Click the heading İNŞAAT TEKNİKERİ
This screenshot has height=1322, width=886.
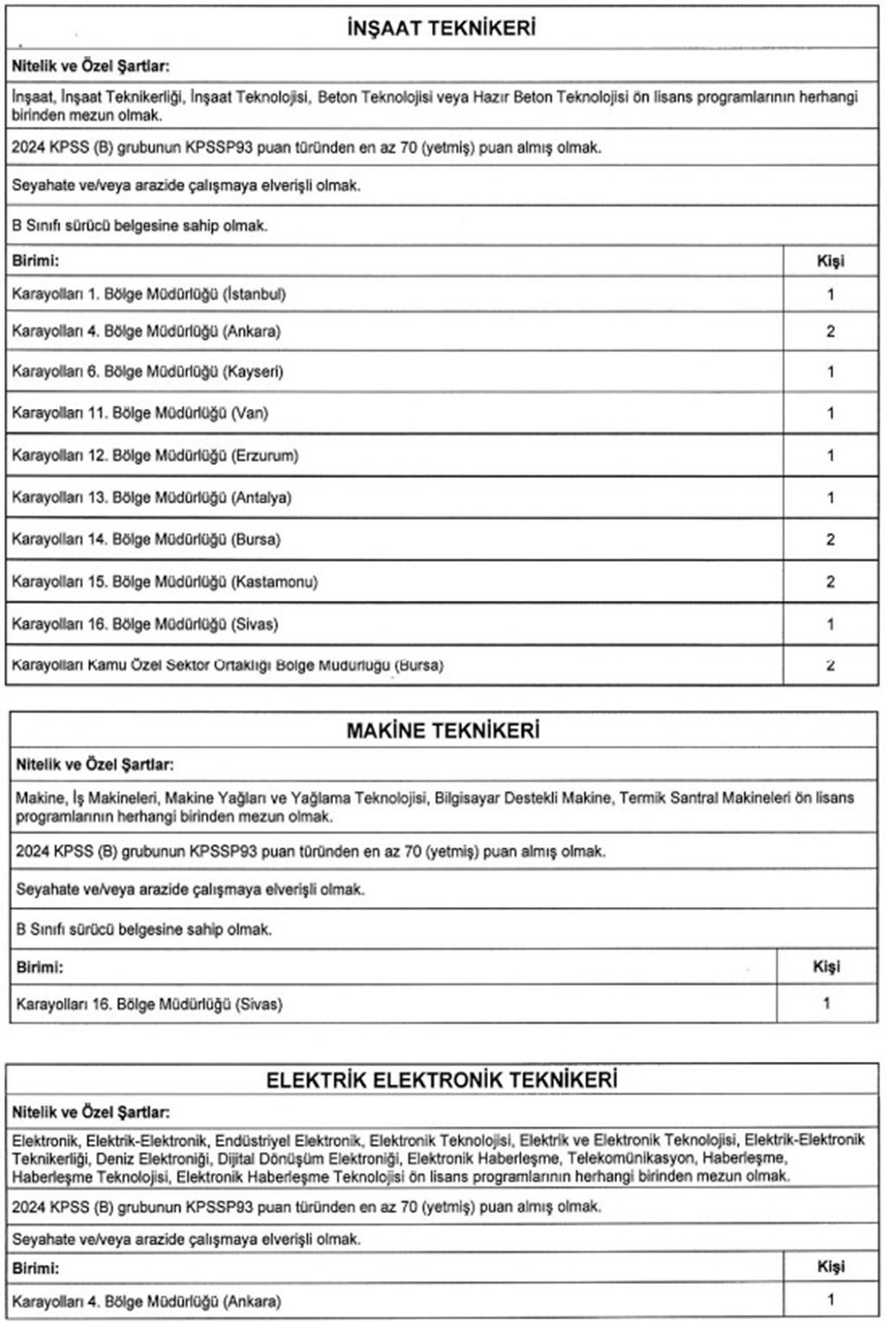(440, 29)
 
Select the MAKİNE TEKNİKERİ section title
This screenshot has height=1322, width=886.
(442, 731)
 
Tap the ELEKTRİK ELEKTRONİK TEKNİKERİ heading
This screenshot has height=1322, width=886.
(442, 1080)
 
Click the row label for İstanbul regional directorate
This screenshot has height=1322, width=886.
(149, 294)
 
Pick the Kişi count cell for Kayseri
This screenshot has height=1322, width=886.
(830, 372)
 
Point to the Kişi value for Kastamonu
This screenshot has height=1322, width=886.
(830, 582)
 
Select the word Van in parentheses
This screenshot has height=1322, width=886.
(250, 413)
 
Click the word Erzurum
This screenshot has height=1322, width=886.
(265, 456)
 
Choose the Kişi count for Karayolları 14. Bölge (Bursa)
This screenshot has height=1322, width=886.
(830, 540)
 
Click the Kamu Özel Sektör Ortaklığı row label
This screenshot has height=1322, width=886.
(228, 666)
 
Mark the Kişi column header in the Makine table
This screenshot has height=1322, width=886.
(826, 967)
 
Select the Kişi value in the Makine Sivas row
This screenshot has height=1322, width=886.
(826, 1004)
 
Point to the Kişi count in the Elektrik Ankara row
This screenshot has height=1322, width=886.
(831, 1300)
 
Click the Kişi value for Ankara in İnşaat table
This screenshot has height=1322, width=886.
(830, 331)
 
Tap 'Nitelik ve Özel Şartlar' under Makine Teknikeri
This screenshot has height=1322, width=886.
(94, 765)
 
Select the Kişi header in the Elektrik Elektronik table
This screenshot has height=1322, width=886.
(831, 1267)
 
